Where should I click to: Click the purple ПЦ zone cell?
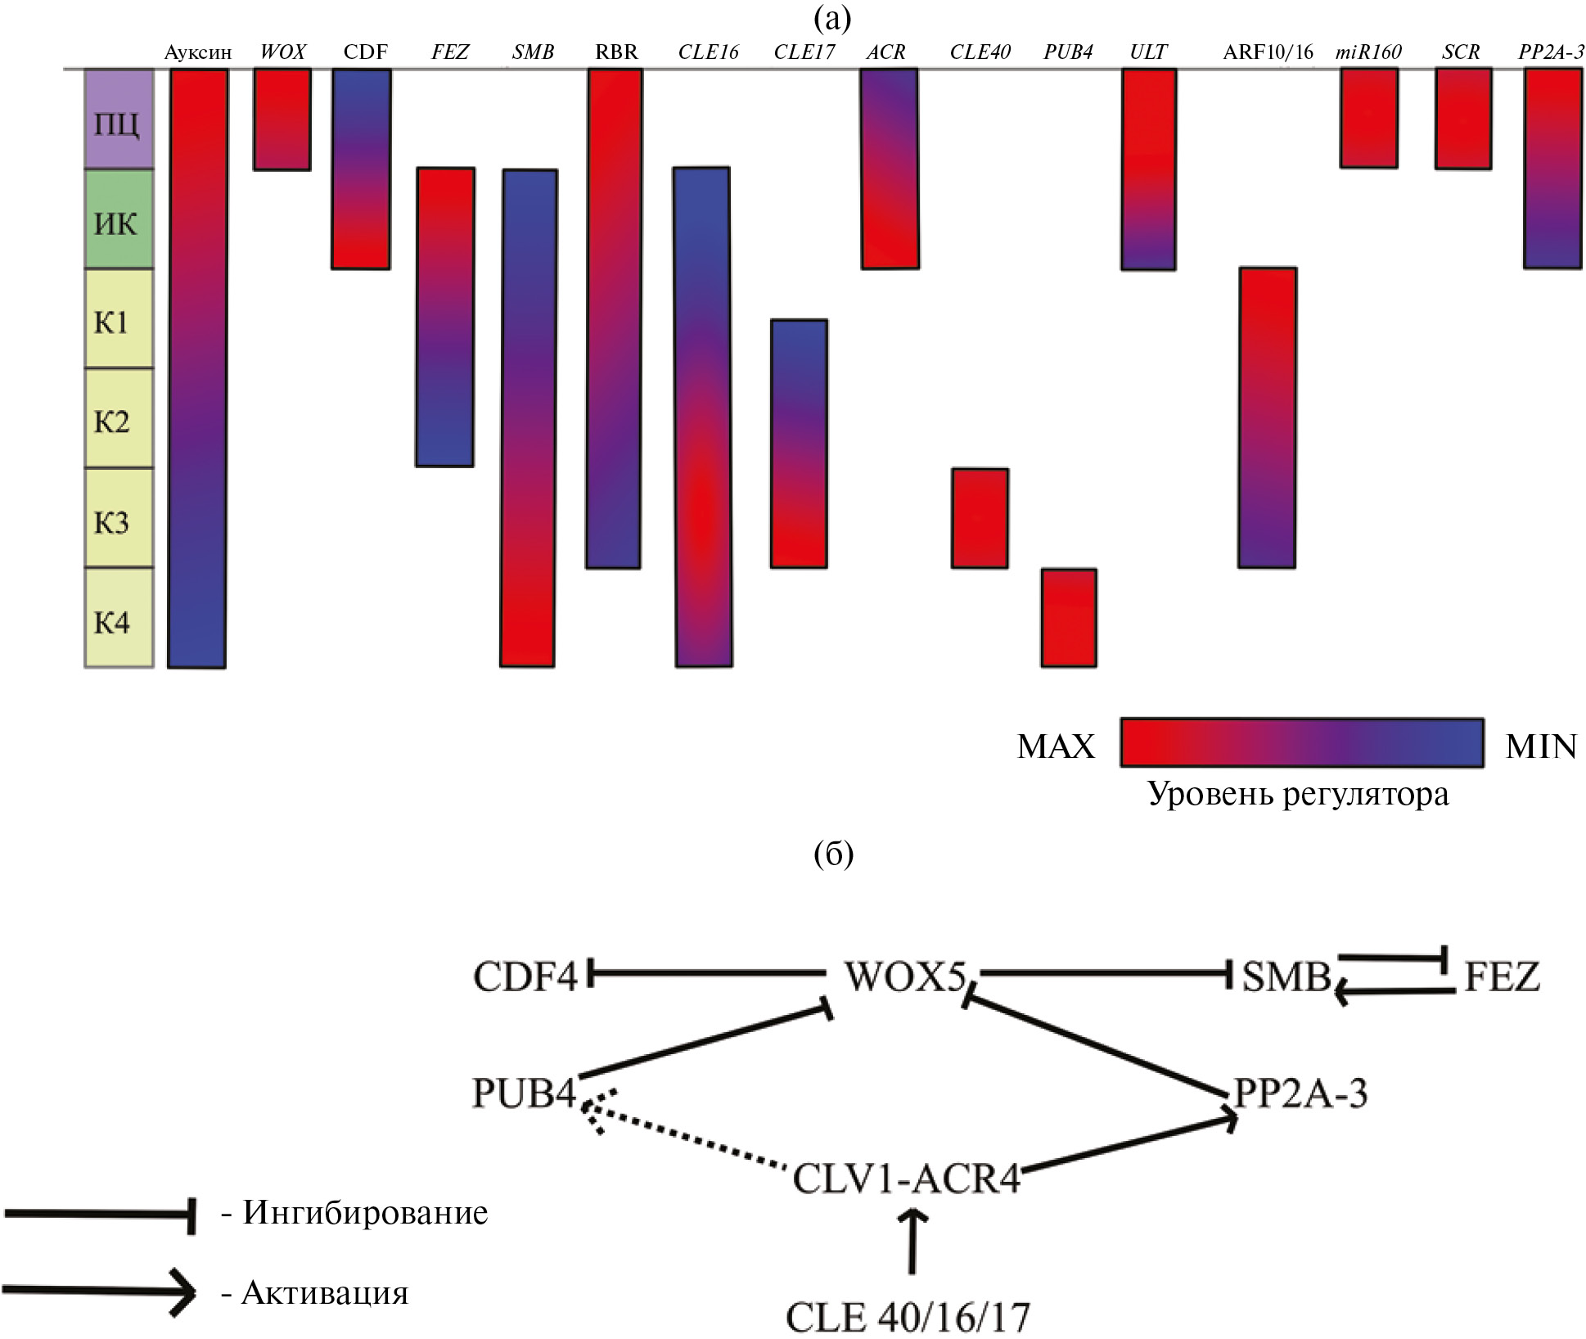pyautogui.click(x=119, y=119)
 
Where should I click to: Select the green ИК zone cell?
pyautogui.click(x=119, y=219)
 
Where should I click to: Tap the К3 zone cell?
pyautogui.click(x=119, y=518)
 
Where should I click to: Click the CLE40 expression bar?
pyautogui.click(x=980, y=518)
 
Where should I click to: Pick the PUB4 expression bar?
pyautogui.click(x=1069, y=618)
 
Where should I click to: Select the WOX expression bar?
pyautogui.click(x=282, y=119)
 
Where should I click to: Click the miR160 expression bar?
pyautogui.click(x=1368, y=119)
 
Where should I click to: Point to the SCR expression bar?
pyautogui.click(x=1462, y=119)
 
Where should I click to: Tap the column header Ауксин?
pyautogui.click(x=197, y=53)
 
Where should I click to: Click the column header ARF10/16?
pyautogui.click(x=1268, y=53)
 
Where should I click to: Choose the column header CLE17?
pyautogui.click(x=804, y=53)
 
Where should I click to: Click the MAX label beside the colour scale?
pyautogui.click(x=1056, y=746)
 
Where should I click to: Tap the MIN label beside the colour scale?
pyautogui.click(x=1540, y=746)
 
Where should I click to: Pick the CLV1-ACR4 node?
pyautogui.click(x=907, y=1179)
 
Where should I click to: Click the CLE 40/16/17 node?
pyautogui.click(x=908, y=1317)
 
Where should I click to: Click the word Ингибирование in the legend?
pyautogui.click(x=365, y=1212)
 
